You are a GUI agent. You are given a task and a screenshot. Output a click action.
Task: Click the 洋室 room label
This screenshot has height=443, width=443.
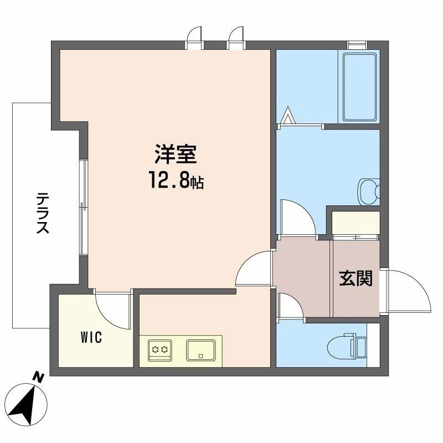176,155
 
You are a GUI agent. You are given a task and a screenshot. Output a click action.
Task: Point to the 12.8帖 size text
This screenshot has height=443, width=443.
176,180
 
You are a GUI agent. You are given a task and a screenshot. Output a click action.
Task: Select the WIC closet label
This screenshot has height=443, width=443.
91,337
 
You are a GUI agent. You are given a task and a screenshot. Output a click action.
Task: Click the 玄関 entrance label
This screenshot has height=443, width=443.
356,279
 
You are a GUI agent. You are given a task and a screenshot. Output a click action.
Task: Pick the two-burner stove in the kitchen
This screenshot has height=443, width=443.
161,350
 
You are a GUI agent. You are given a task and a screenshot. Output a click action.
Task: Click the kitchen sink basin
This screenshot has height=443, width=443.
201,350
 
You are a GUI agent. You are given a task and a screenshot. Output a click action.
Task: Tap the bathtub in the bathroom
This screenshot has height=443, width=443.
360,86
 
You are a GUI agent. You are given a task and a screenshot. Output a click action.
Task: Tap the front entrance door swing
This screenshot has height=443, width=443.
407,291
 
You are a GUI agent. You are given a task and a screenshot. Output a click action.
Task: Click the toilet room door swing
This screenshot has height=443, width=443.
289,307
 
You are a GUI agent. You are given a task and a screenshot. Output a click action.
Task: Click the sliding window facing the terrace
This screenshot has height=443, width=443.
83,208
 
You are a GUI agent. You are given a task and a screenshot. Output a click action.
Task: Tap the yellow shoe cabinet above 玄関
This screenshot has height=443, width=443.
356,223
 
